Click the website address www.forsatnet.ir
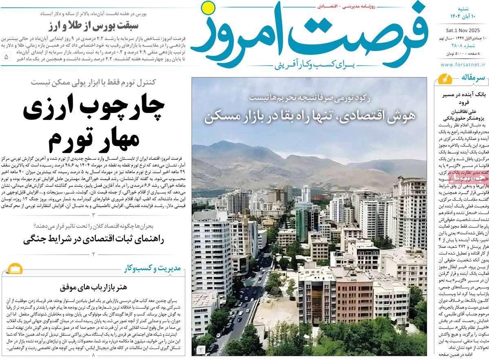point(463,64)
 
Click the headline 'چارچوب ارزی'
point(94,107)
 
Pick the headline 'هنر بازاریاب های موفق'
point(94,287)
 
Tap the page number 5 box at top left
point(6,57)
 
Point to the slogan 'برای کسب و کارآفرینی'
point(310,65)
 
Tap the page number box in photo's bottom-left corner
point(200,349)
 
